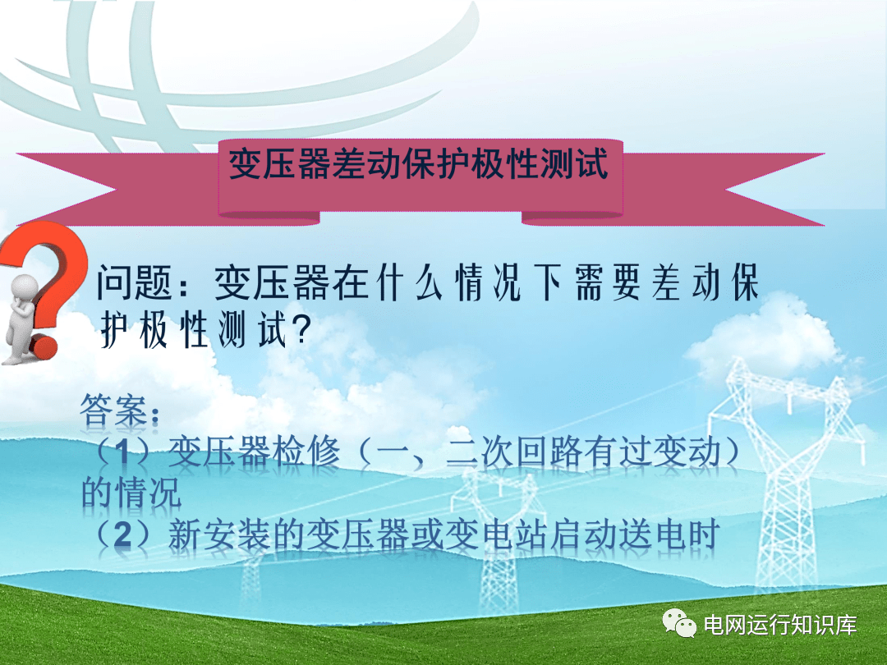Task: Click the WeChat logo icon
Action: pos(679,623)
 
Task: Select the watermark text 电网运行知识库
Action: pos(780,625)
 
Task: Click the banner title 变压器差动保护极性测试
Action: pos(419,164)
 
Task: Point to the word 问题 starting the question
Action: pos(134,282)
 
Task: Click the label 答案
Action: pos(113,410)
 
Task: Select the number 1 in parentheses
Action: pos(122,453)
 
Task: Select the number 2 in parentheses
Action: pos(122,535)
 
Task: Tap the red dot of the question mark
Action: pos(44,347)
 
